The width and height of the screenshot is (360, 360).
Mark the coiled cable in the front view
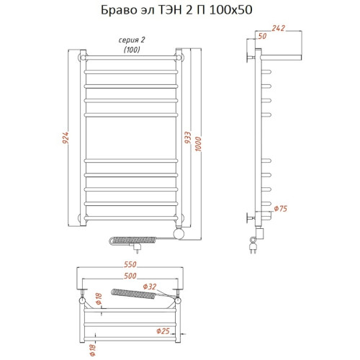point(130,237)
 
